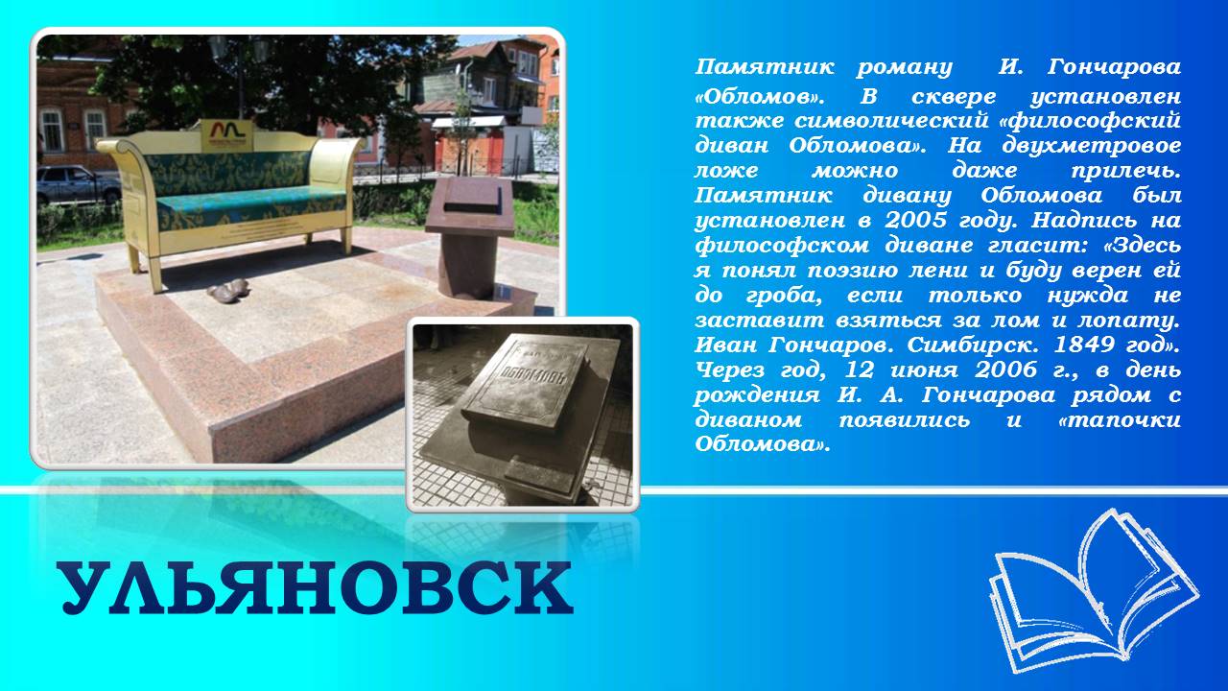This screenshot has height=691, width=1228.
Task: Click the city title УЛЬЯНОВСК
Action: point(318,589)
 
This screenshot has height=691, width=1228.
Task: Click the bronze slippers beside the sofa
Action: point(228,289)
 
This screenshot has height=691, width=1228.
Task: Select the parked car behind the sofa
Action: point(79,185)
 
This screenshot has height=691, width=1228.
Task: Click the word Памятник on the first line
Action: point(765,67)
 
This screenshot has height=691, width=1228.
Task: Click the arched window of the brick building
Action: point(52,130)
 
